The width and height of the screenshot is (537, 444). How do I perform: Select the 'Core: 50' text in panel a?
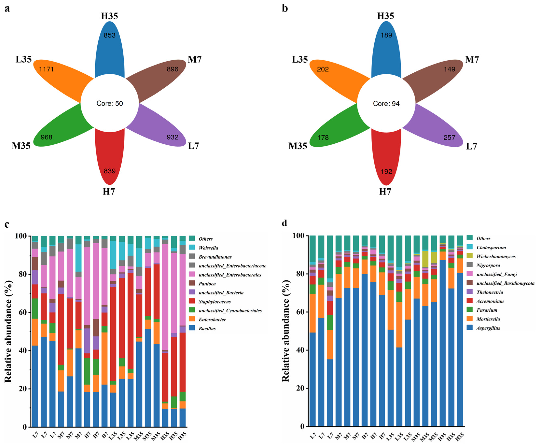[110, 103]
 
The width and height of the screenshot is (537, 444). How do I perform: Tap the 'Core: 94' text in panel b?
[386, 104]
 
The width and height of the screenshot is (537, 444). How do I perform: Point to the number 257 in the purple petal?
[449, 138]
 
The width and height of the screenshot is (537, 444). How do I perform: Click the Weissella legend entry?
[208, 248]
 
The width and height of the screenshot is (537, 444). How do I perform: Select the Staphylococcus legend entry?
[214, 302]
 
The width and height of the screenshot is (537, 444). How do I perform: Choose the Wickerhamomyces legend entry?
[496, 256]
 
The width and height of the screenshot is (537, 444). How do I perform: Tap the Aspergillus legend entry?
[488, 328]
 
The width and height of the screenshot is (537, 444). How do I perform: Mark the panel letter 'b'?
[285, 8]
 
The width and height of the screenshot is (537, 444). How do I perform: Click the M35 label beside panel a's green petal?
[21, 146]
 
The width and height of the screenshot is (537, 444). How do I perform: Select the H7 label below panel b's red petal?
[385, 192]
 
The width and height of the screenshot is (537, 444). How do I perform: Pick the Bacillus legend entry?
[207, 328]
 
